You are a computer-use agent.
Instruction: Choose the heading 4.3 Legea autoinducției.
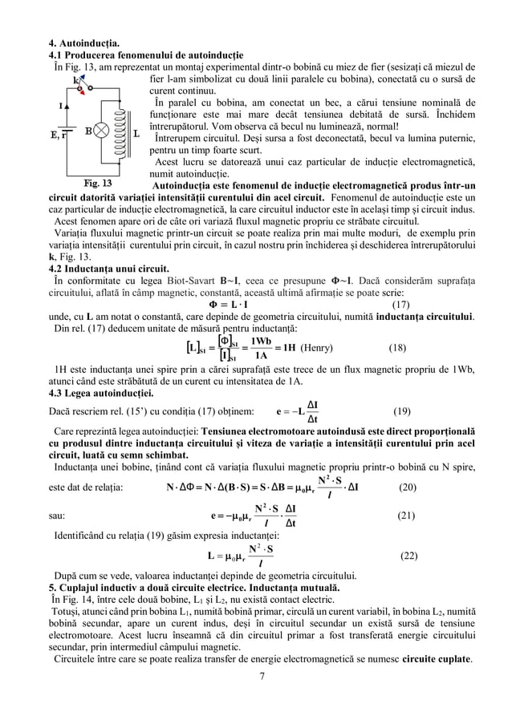pos(102,394)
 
